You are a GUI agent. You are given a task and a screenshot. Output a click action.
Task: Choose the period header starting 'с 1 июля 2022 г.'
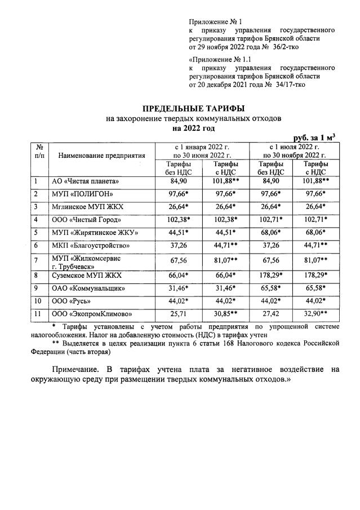point(294,151)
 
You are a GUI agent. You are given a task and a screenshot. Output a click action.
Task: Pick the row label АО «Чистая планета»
point(85,181)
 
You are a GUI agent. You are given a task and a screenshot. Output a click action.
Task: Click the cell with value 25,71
point(178,314)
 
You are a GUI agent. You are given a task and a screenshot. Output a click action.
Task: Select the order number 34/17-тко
point(282,84)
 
